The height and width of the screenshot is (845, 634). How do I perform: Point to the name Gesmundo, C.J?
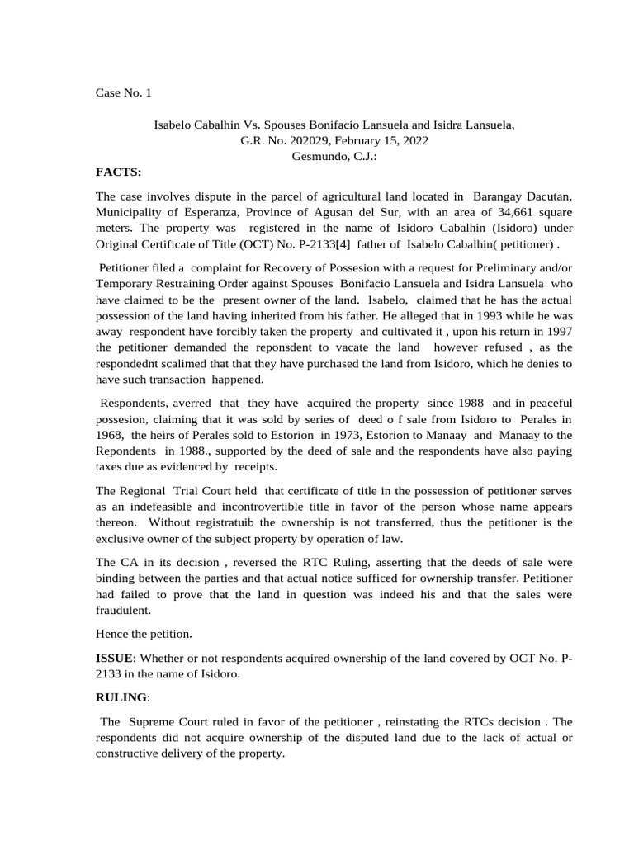pyautogui.click(x=334, y=157)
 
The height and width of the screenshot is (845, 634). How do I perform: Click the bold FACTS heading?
pyautogui.click(x=119, y=172)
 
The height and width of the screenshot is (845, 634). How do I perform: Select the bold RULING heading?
pyautogui.click(x=122, y=697)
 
